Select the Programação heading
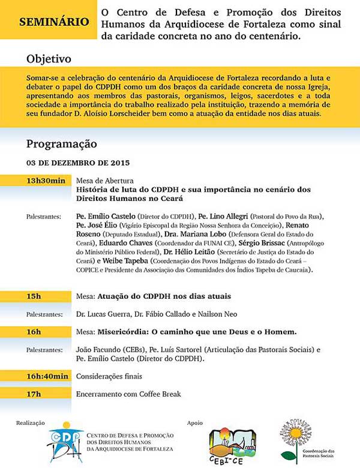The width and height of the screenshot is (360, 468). point(61,144)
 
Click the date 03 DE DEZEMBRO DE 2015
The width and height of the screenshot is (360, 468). point(78,163)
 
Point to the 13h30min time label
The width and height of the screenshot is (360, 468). point(45,180)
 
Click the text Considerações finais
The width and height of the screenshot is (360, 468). point(109,376)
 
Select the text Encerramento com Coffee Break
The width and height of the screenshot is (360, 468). point(128,394)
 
